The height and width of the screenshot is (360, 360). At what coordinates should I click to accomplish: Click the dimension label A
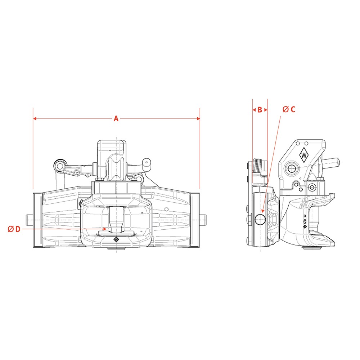(116, 119)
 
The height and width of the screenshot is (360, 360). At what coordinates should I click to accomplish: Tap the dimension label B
(260, 110)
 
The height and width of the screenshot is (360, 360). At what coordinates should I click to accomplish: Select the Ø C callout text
(289, 109)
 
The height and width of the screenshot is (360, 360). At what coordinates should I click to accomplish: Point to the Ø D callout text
(14, 229)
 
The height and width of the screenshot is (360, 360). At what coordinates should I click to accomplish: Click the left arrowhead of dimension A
(35, 119)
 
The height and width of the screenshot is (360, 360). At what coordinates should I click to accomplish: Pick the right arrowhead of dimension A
(198, 119)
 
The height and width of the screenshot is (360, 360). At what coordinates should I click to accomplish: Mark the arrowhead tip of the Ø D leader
(106, 229)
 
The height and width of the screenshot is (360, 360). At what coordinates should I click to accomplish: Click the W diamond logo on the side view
(304, 155)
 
